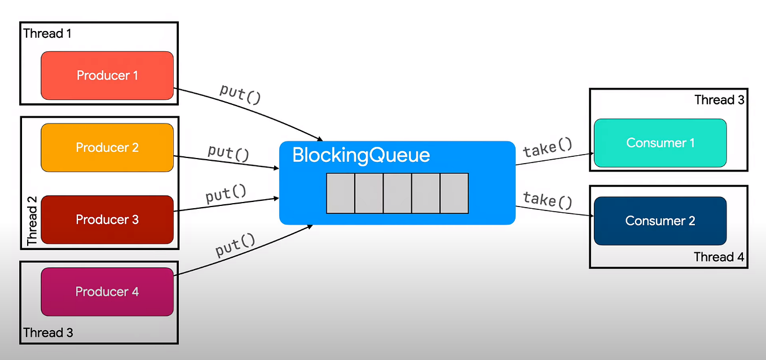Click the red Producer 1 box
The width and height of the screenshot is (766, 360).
(107, 76)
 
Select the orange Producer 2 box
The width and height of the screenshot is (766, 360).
(107, 147)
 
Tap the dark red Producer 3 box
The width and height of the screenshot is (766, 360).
(107, 219)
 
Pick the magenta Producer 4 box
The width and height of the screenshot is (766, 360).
(107, 292)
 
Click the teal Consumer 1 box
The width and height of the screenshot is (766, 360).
(660, 143)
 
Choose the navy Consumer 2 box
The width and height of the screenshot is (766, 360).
(660, 221)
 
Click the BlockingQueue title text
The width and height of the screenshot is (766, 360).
(361, 156)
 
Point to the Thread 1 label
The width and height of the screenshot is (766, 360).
(47, 34)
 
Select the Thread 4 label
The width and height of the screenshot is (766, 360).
(719, 257)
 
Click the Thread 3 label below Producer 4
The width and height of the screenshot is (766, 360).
(48, 332)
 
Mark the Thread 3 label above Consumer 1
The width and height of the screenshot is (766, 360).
(719, 100)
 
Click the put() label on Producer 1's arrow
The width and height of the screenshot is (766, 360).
(240, 93)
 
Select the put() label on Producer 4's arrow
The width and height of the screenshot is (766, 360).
(235, 245)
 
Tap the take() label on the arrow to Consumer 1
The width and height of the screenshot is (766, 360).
(547, 148)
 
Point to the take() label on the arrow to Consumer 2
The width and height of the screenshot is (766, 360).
(547, 200)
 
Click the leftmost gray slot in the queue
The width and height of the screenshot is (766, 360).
(341, 193)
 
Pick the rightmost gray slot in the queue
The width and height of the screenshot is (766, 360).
(454, 193)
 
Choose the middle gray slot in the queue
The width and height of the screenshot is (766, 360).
(397, 193)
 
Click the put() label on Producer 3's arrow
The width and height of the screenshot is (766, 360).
(226, 195)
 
